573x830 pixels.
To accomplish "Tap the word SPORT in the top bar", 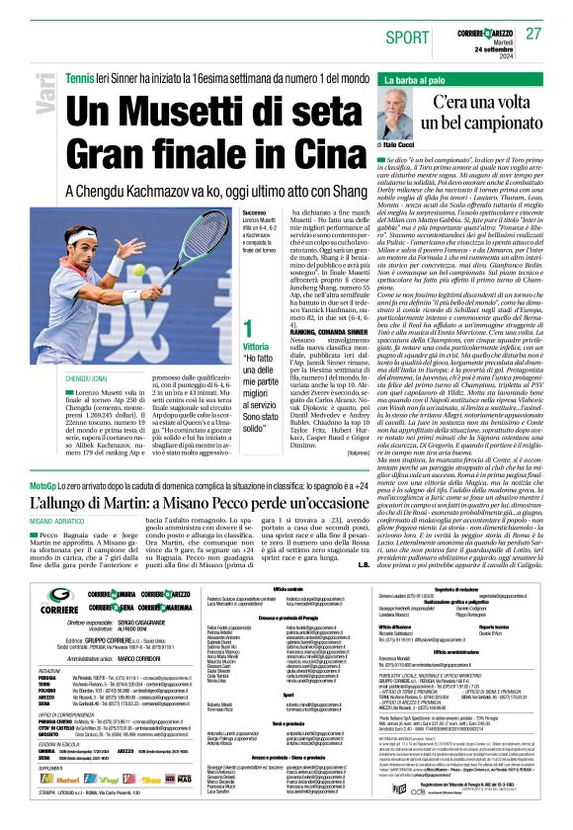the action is pos(408,37).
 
